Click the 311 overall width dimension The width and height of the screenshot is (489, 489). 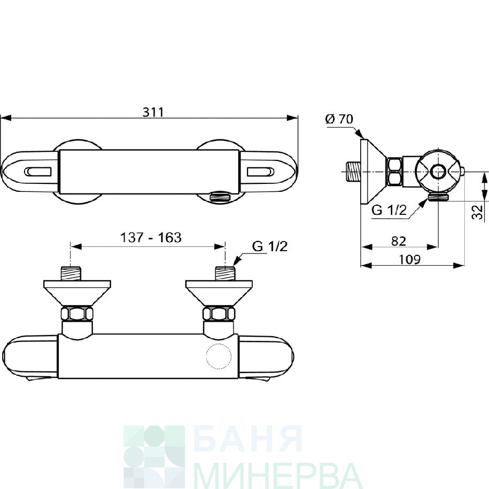(153, 112)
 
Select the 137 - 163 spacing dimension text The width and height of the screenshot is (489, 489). (151, 238)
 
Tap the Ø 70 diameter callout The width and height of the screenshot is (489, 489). (339, 119)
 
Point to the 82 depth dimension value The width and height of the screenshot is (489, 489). (399, 241)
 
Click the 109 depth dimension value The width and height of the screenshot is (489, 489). (409, 259)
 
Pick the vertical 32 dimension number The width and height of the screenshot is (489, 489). (477, 212)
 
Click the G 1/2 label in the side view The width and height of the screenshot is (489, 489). (389, 210)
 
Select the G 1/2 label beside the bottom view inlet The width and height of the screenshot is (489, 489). (270, 246)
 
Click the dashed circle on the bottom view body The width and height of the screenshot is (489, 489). (219, 356)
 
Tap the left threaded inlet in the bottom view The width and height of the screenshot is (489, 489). (71, 274)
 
